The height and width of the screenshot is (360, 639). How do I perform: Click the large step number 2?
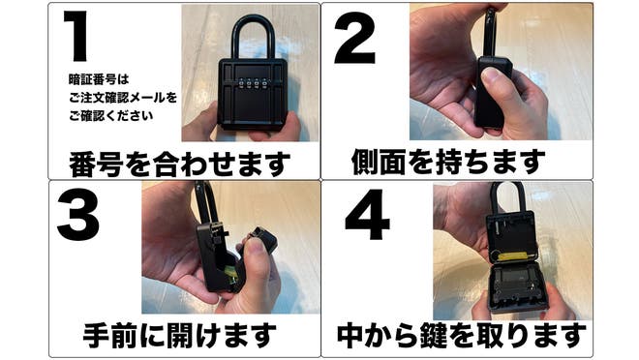coord(354,40)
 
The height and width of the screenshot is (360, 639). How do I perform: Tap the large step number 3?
coord(77,215)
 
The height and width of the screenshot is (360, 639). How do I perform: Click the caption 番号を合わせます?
coord(179,163)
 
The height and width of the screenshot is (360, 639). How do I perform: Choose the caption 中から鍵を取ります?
coord(460,336)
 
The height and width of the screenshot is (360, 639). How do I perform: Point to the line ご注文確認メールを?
coord(122,97)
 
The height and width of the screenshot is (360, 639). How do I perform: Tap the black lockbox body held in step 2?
coord(490,92)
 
